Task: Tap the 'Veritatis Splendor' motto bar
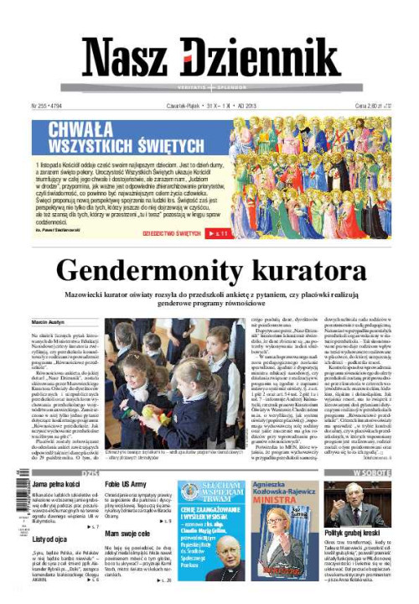coord(209,88)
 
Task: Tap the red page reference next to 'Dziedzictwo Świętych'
coord(220,233)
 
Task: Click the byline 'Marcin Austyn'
coord(49,321)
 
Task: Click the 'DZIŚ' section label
coord(91,474)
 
